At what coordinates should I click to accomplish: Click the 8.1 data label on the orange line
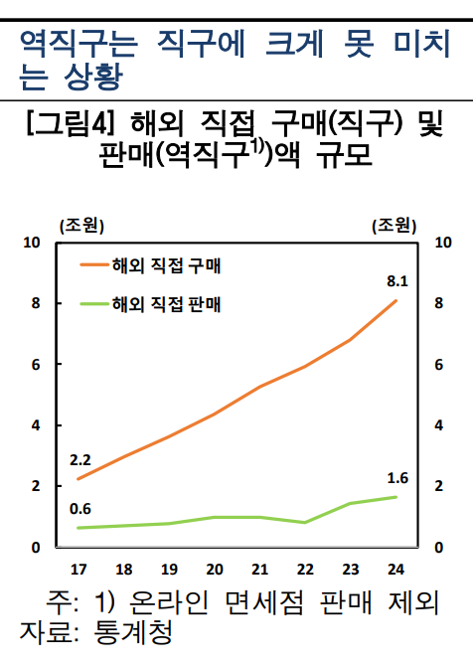pos(397,281)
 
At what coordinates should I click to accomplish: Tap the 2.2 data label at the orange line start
pos(80,460)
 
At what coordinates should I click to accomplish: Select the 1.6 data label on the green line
pos(397,478)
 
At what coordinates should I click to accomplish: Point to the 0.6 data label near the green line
pos(80,510)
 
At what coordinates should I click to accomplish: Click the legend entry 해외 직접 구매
pos(168,265)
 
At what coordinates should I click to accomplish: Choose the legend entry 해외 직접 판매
pos(168,304)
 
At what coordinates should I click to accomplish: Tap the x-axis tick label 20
pos(215,570)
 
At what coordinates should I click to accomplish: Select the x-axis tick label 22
pos(305,570)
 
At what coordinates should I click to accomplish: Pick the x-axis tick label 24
pos(396,570)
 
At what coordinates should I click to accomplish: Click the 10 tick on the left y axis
pos(34,243)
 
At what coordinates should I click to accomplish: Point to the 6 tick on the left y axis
pos(36,365)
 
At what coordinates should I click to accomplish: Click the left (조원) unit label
pos(80,225)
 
